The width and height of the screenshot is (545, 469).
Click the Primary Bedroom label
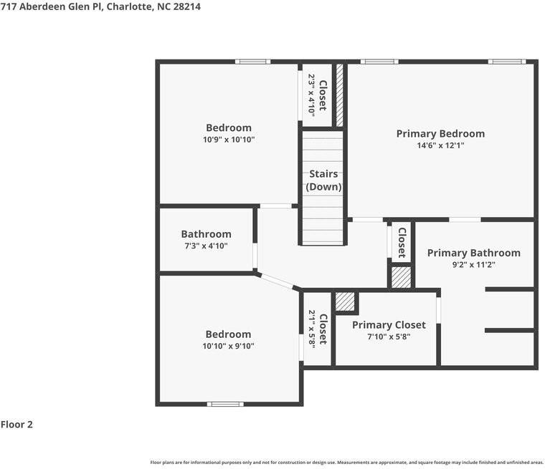[x=440, y=134]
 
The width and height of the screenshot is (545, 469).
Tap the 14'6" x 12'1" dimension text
[x=440, y=145]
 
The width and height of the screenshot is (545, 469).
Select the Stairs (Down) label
[x=323, y=180]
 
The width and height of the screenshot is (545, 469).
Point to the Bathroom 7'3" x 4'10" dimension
[x=206, y=246]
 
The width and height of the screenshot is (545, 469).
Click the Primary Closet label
[x=389, y=325]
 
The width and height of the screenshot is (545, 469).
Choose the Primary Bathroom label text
[x=474, y=253]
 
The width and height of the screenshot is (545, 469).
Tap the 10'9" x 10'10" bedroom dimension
[x=229, y=140]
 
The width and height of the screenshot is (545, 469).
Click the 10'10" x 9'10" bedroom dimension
[x=228, y=346]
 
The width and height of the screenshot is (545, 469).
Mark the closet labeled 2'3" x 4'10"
[x=318, y=95]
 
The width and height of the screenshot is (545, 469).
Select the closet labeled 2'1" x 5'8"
[x=318, y=329]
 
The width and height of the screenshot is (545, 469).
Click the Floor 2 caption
[x=16, y=425]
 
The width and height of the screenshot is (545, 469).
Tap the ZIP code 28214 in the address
[x=186, y=6]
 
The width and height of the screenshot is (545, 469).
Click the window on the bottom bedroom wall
[x=225, y=404]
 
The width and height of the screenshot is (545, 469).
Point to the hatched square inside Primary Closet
[x=345, y=301]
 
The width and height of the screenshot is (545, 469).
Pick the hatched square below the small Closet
[x=401, y=277]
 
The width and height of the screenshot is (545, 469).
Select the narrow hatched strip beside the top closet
[x=340, y=95]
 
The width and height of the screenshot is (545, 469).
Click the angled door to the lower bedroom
[x=277, y=281]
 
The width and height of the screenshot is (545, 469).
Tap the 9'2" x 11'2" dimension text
[x=474, y=265]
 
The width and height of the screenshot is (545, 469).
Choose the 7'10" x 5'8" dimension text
[x=389, y=337]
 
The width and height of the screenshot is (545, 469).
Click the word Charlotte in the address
[x=130, y=6]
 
